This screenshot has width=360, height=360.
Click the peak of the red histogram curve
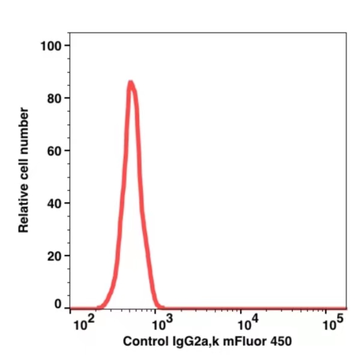click(x=130, y=83)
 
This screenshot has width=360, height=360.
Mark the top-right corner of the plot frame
click(x=347, y=32)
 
